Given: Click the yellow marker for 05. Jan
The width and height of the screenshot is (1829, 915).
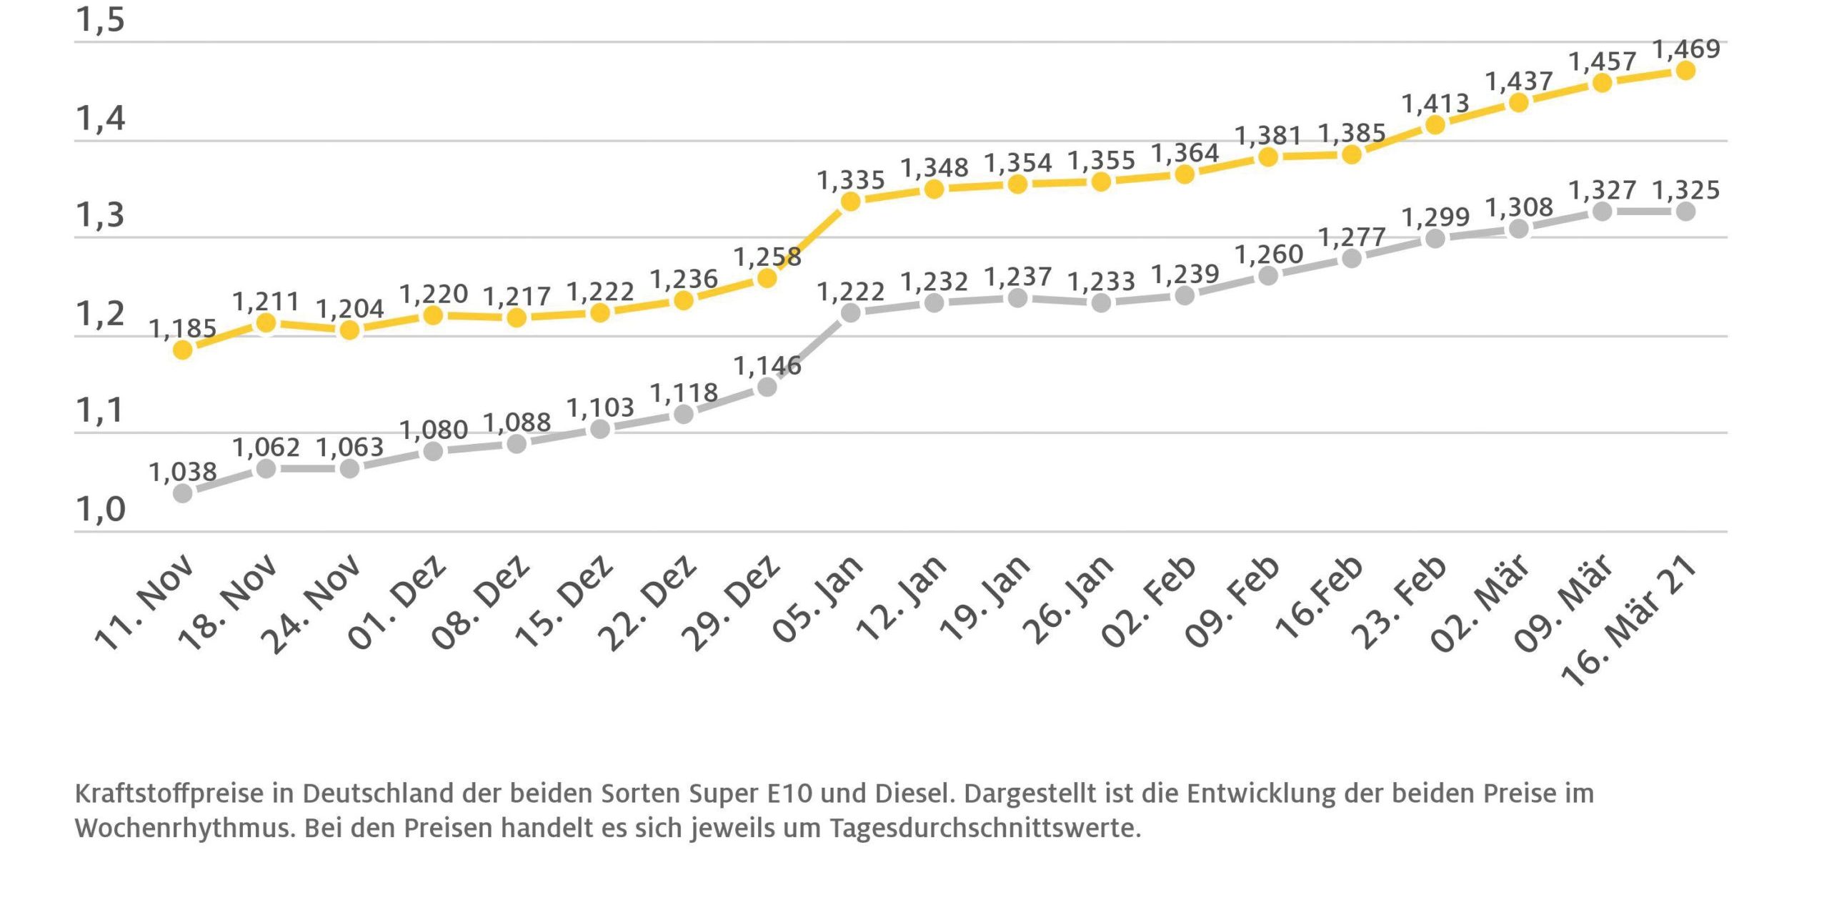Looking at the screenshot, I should point(850,202).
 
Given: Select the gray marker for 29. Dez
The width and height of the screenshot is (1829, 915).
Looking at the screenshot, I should point(767,387).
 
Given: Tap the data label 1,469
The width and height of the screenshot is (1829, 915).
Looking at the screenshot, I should point(1686,49).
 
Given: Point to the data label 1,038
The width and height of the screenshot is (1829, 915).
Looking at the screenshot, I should point(182,472).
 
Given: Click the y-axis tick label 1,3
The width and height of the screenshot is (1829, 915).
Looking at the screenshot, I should point(100,214).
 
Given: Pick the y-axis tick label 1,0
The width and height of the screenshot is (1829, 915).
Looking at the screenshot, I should point(100,509).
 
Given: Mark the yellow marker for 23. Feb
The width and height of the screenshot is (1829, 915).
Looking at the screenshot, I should point(1435,124).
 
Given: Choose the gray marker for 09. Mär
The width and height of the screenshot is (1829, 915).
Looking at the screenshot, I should point(1602,211).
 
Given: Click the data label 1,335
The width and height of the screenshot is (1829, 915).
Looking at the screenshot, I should point(850,179).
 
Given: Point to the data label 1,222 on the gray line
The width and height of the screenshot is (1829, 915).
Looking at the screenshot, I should point(850,291).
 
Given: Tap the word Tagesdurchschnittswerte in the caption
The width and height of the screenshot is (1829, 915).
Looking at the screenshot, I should point(985,829).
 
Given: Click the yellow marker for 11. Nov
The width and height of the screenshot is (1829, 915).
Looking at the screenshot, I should point(183,350).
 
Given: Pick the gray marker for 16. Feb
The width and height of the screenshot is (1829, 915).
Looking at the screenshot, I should point(1351,258).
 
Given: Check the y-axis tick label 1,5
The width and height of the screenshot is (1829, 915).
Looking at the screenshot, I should point(100,19).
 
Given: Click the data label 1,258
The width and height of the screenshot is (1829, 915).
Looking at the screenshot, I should point(767,256).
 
